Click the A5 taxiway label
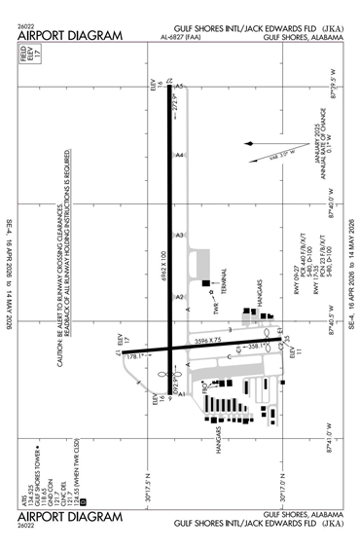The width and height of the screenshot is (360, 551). (x=179, y=87)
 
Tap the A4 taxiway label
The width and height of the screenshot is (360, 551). (x=179, y=155)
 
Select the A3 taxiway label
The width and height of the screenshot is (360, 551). (x=179, y=235)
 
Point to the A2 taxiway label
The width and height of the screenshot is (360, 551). (x=179, y=297)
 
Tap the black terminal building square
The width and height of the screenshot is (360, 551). (x=208, y=288)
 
